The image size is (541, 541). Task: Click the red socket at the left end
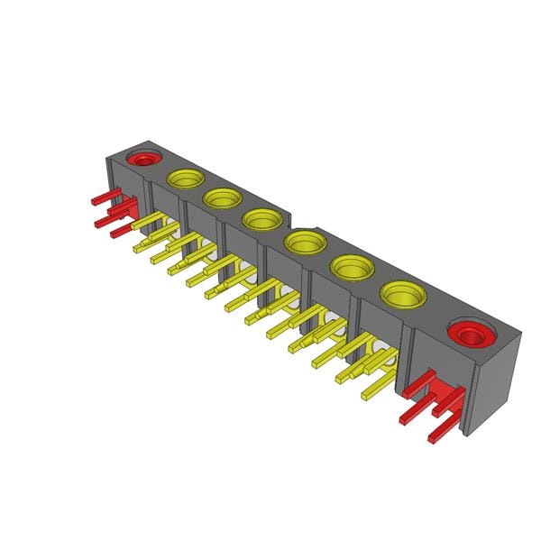[142, 160]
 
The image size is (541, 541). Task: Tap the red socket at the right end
[469, 335]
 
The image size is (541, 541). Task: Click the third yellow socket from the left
[261, 218]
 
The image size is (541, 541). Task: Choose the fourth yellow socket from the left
[305, 242]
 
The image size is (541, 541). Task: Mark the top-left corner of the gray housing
[107, 157]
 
